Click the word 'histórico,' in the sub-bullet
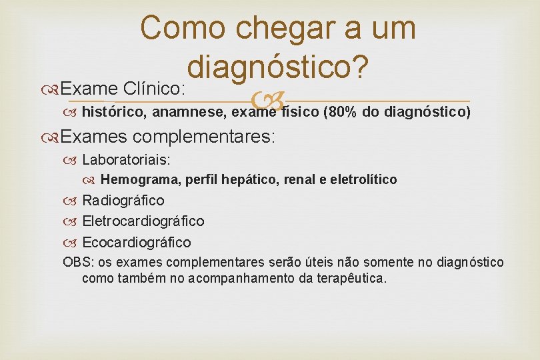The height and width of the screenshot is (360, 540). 111,112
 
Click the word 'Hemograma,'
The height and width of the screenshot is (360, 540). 141,179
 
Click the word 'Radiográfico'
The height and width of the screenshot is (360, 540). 123,201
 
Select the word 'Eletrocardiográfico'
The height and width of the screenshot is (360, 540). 143,221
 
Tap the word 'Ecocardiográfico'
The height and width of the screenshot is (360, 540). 136,242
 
